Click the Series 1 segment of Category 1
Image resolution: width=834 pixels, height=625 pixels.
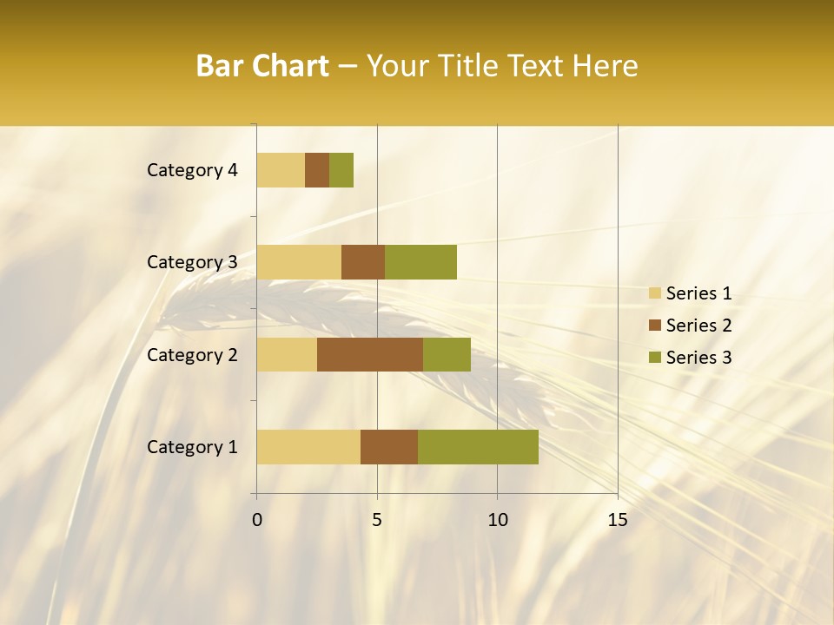(x=308, y=446)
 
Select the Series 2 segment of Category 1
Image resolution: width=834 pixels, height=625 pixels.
(x=389, y=446)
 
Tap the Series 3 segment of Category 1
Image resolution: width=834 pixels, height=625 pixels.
(x=478, y=446)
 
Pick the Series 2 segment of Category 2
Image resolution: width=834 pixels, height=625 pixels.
(x=370, y=354)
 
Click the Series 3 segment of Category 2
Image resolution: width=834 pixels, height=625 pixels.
(x=447, y=354)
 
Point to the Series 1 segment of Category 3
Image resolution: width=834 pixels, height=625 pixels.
(x=299, y=261)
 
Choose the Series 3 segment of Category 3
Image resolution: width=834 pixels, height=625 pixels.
(x=420, y=261)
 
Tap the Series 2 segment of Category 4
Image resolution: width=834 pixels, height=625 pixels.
(x=317, y=169)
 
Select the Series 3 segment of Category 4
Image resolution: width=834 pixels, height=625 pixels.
(x=341, y=169)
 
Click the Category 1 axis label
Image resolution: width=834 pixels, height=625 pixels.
(x=192, y=447)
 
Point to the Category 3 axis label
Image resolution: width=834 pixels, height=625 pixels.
(x=192, y=262)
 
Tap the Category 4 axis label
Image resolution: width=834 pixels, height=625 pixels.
(x=192, y=170)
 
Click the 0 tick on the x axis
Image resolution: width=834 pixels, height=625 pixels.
(x=257, y=520)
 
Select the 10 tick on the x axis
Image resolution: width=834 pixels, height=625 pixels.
(x=497, y=520)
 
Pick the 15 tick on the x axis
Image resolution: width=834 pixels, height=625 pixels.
(x=617, y=520)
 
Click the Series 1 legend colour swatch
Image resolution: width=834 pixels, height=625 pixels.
(x=654, y=293)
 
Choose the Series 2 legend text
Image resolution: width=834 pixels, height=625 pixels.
(x=698, y=326)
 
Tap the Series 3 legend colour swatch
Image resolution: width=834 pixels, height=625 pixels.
(x=654, y=358)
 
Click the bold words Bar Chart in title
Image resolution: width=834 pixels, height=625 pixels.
(x=262, y=66)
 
